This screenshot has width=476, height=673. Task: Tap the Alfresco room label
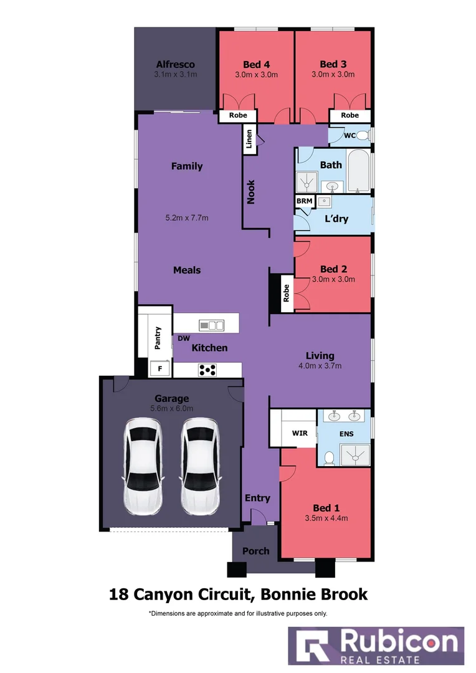pyautogui.click(x=175, y=64)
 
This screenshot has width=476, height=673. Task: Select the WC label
pyautogui.click(x=350, y=135)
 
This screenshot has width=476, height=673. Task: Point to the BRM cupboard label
pyautogui.click(x=304, y=201)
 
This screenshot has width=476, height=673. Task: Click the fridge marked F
pyautogui.click(x=160, y=369)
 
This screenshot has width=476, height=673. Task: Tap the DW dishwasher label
pyautogui.click(x=183, y=338)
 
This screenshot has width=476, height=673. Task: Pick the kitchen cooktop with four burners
pyautogui.click(x=207, y=370)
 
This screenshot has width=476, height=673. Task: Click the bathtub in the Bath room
pyautogui.click(x=358, y=171)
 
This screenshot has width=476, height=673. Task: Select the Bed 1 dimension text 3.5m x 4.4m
pyautogui.click(x=326, y=518)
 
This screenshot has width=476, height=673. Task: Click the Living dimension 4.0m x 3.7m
pyautogui.click(x=320, y=366)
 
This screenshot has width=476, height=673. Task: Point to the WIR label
pyautogui.click(x=300, y=432)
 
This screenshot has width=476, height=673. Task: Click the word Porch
pyautogui.click(x=255, y=550)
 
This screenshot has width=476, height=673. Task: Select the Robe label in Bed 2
pyautogui.click(x=287, y=293)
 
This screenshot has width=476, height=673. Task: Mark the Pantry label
pyautogui.click(x=158, y=338)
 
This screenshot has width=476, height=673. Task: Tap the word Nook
pyautogui.click(x=251, y=192)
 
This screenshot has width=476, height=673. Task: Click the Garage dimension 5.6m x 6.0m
pyautogui.click(x=171, y=409)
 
